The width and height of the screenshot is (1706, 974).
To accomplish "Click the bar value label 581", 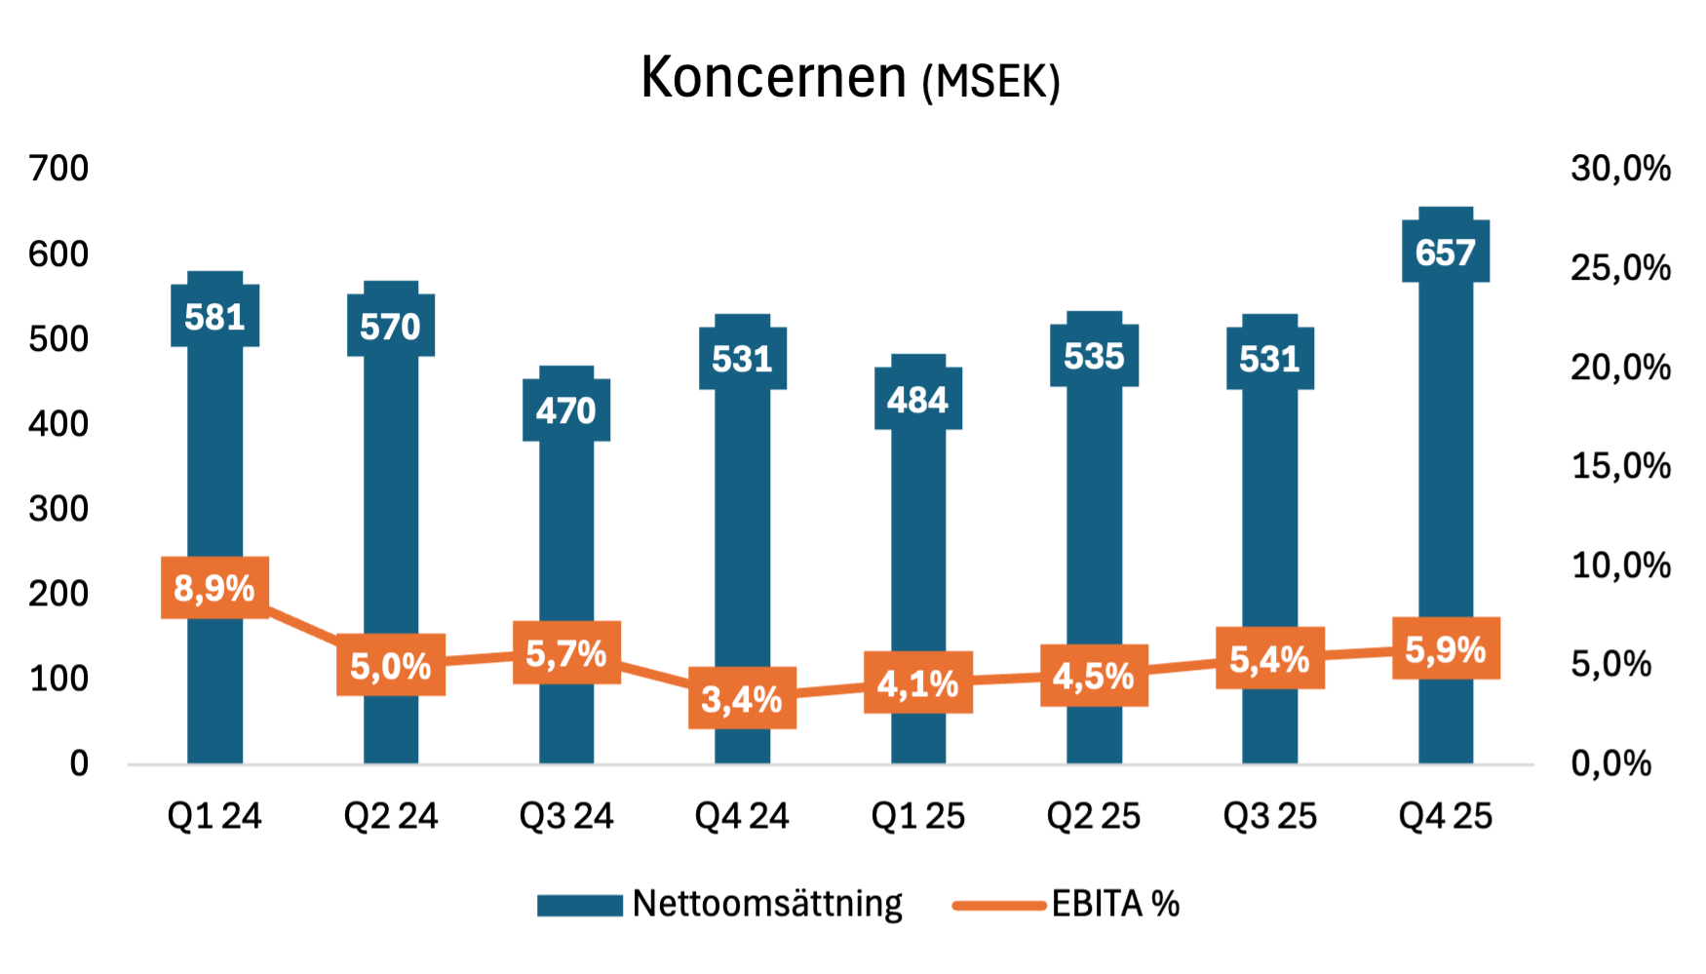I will [215, 316].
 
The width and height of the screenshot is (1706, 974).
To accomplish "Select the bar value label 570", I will [391, 326].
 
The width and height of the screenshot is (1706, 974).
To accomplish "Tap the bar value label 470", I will [566, 410].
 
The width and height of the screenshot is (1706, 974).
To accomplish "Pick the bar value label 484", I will [918, 399].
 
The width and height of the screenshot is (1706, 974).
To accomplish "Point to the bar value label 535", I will [1094, 356].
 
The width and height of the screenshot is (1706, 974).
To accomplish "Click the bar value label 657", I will [1446, 253].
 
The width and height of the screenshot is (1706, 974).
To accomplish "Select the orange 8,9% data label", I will [215, 588].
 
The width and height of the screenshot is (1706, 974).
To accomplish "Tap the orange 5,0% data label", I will [391, 666].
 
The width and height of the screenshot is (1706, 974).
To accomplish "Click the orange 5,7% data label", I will [566, 653].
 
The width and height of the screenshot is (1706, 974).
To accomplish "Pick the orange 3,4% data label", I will [743, 698].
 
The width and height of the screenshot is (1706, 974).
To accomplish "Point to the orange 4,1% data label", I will [918, 683].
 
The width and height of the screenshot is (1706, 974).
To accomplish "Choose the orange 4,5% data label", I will [1094, 676].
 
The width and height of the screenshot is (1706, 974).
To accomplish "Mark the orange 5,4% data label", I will [1270, 659].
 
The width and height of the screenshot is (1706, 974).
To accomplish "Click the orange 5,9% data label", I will [1446, 648].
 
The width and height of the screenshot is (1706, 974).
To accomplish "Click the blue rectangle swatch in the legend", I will [580, 906].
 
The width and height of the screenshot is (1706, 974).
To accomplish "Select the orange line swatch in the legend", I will [999, 906].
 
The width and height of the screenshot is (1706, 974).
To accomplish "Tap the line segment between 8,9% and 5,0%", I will [303, 625].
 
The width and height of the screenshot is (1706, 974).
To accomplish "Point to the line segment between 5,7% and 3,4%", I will [655, 675].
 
